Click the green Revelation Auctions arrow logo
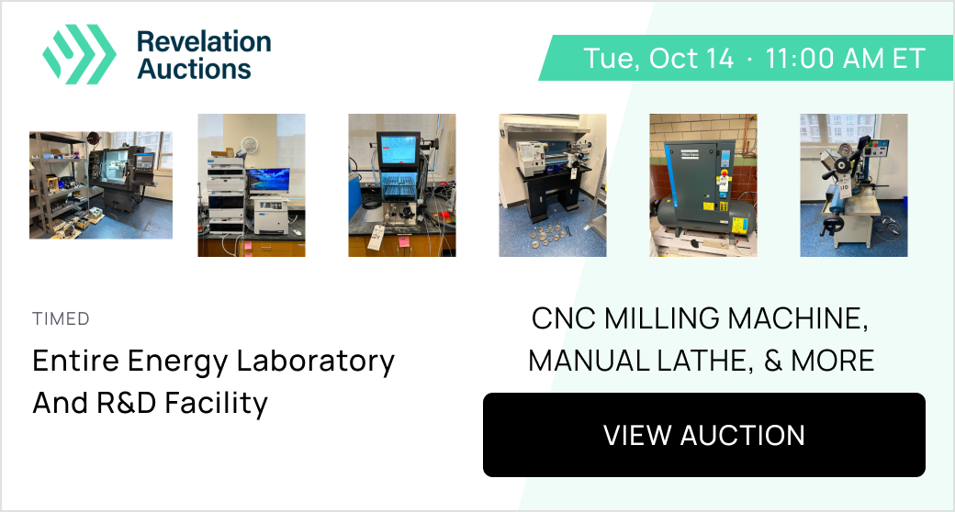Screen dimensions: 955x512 tap(79, 53)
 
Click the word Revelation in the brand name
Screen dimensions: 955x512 tap(204, 42)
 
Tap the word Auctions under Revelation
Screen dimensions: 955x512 tap(195, 69)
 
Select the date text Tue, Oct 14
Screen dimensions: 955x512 tap(658, 59)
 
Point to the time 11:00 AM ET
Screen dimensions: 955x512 tap(846, 59)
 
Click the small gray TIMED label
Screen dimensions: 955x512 tap(61, 318)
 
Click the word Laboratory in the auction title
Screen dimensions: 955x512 tap(316, 362)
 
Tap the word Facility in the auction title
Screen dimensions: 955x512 tap(216, 404)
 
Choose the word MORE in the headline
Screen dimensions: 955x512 tap(833, 361)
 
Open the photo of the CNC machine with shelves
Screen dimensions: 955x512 tap(101, 185)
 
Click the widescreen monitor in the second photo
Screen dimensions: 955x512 tap(268, 180)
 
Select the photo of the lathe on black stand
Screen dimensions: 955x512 tap(553, 185)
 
